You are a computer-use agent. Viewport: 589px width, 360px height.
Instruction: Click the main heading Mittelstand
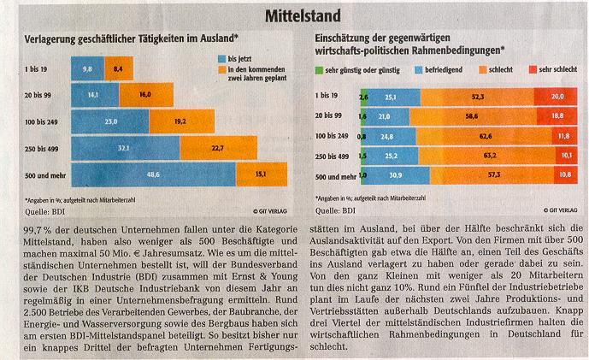pyautogui.click(x=296, y=15)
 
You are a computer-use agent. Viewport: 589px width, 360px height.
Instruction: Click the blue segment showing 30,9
pyautogui.click(x=394, y=175)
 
